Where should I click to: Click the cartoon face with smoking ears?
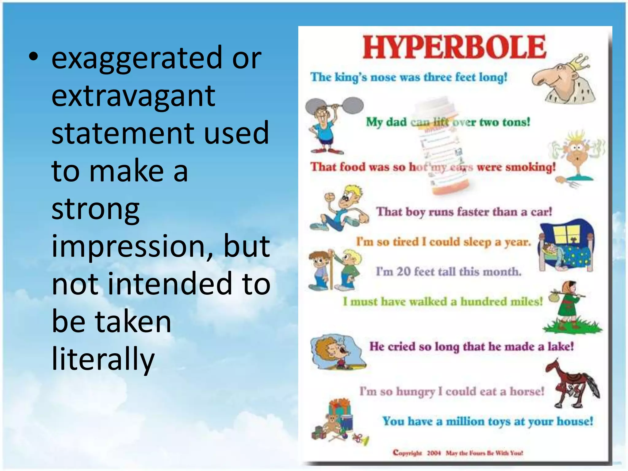click(576, 153)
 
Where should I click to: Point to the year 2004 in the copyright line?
click(434, 453)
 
